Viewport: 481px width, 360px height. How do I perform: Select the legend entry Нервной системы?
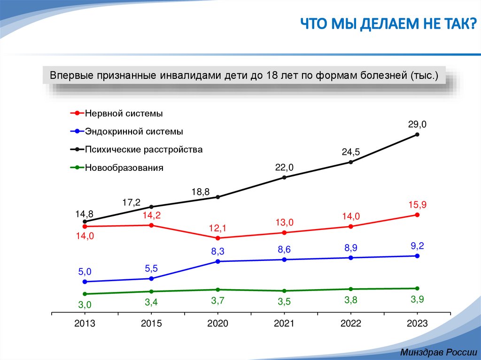coord(124,114)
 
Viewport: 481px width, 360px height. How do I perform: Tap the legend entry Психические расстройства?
coord(144,150)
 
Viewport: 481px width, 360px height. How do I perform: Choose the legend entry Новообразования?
coord(124,168)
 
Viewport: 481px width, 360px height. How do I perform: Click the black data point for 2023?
coord(417,135)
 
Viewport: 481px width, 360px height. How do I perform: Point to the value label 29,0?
coord(417,124)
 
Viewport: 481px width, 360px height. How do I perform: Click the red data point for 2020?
coord(217,238)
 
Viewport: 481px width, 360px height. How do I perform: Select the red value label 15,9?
coord(417,205)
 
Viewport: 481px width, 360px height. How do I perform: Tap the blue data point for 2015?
coord(151,279)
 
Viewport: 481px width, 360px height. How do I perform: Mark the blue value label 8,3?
coord(217,251)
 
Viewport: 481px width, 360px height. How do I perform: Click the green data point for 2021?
coord(284,291)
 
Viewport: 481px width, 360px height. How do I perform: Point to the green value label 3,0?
coord(85,305)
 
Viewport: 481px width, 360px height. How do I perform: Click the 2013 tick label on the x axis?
coord(85,324)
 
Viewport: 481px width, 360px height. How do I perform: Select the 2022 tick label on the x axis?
coord(350,324)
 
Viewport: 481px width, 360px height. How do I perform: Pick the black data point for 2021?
coord(284,177)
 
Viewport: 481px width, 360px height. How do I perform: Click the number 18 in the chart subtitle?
coord(272,75)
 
